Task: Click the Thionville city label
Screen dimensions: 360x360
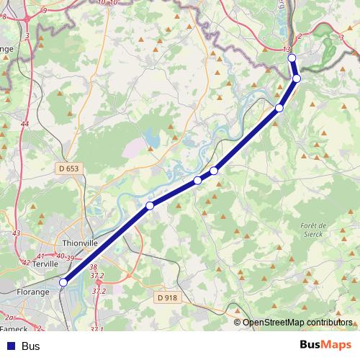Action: [x=80, y=243]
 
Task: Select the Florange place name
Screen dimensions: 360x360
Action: [x=33, y=292]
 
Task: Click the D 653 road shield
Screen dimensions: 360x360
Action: [x=68, y=168]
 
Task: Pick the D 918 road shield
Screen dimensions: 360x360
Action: [x=166, y=297]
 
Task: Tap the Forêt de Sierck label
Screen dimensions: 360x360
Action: [x=313, y=229]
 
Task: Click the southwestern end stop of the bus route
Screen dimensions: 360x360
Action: [x=63, y=283]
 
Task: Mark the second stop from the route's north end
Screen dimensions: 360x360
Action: [x=296, y=78]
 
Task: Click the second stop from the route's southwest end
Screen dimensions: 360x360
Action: [x=150, y=206]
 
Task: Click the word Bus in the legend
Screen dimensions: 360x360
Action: [x=31, y=346]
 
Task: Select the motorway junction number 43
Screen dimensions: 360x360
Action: [x=17, y=233]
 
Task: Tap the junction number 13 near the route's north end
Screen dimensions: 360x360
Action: [x=287, y=49]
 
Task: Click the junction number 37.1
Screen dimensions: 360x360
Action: [x=96, y=329]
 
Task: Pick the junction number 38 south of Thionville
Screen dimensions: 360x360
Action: [x=93, y=267]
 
